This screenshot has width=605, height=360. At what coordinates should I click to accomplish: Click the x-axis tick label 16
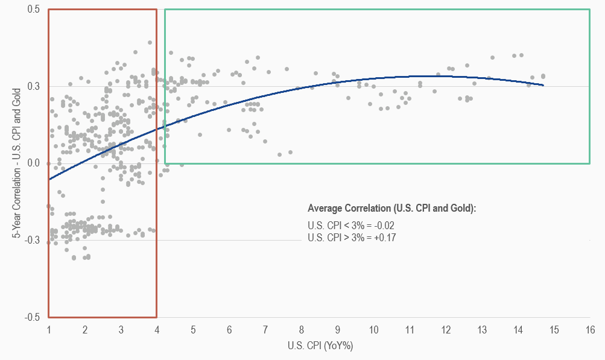pyautogui.click(x=590, y=330)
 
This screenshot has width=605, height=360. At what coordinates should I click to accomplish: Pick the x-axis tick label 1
pyautogui.click(x=49, y=330)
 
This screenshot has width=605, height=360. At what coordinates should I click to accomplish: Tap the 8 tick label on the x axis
pyautogui.click(x=302, y=330)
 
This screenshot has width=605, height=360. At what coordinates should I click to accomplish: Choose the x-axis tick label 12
pyautogui.click(x=446, y=330)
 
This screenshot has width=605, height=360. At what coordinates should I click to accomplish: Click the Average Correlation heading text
pyautogui.click(x=392, y=209)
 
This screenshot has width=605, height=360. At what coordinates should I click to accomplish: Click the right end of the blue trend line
pyautogui.click(x=543, y=85)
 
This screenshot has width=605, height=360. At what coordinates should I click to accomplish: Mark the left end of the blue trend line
pyautogui.click(x=49, y=179)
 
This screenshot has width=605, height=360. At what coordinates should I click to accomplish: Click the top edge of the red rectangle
pyautogui.click(x=103, y=10)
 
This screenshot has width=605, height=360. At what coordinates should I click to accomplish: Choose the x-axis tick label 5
pyautogui.click(x=193, y=330)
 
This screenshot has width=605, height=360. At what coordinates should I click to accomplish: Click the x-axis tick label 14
pyautogui.click(x=518, y=330)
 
